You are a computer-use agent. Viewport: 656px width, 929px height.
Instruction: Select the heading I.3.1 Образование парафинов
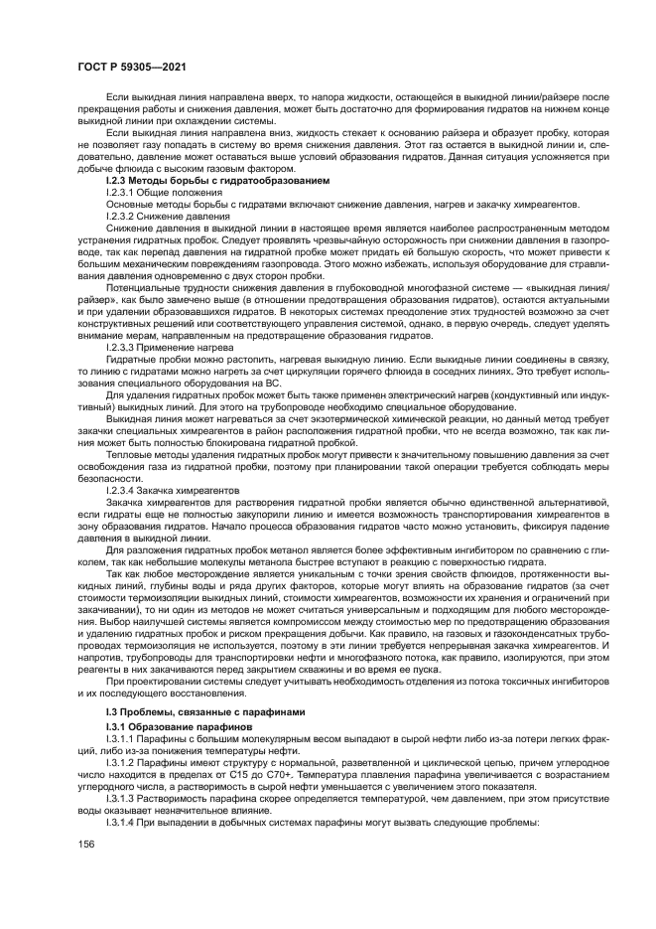(167, 728)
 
